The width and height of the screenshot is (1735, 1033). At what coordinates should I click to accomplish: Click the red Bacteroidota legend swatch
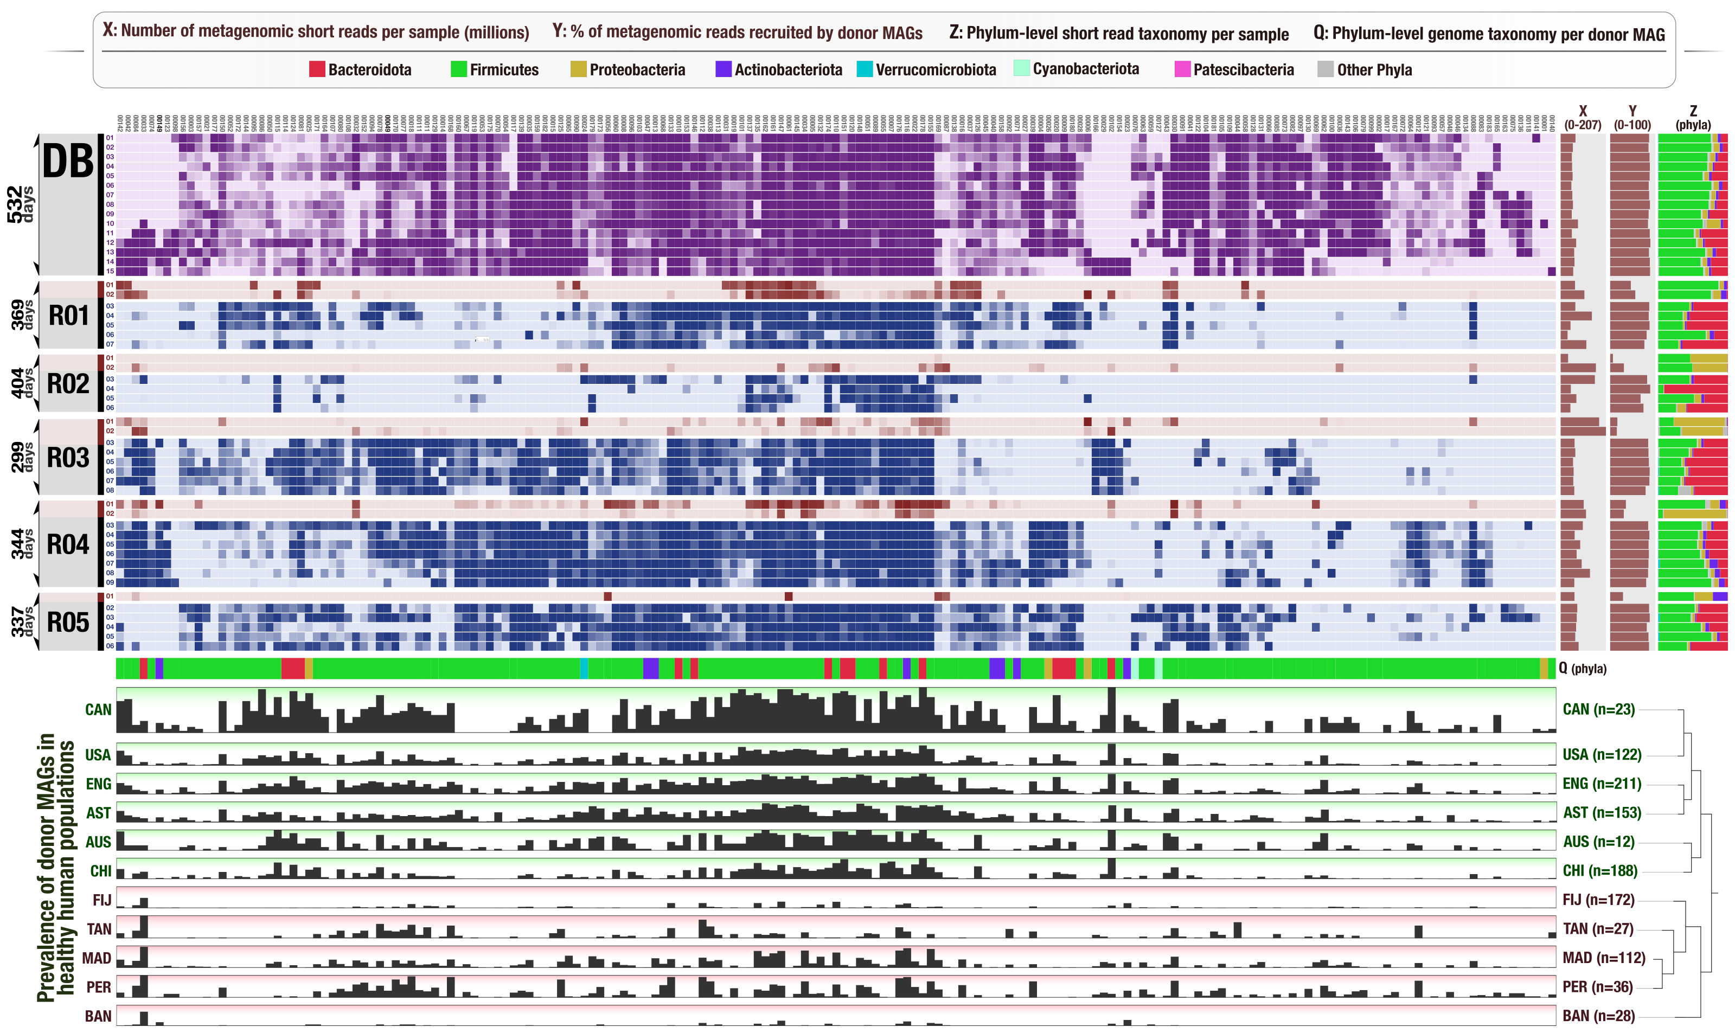click(317, 69)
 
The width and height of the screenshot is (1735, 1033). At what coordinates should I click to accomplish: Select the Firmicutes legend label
click(504, 69)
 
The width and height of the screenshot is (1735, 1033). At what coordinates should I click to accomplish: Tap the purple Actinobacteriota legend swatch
click(724, 69)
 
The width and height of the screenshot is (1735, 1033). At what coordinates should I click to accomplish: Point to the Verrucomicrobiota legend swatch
click(864, 69)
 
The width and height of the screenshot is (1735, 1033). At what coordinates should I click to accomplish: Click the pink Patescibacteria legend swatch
click(1182, 69)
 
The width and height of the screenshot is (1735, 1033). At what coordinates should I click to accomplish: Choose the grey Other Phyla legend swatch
click(1325, 69)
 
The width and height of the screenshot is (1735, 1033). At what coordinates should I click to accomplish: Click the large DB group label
click(68, 162)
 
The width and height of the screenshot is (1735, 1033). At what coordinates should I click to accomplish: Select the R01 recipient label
click(68, 316)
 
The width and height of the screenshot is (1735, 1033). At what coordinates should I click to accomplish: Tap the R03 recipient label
click(68, 458)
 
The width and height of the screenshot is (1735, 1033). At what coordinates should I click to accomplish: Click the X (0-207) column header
click(1583, 118)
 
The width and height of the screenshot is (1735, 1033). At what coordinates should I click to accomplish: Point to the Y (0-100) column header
click(1632, 118)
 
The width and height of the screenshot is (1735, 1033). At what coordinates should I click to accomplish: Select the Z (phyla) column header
click(1693, 118)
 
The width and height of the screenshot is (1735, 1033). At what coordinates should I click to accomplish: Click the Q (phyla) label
click(1583, 668)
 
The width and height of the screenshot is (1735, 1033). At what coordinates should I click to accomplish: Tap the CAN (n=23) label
click(1598, 709)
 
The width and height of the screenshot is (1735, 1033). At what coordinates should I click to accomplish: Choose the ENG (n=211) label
click(1602, 784)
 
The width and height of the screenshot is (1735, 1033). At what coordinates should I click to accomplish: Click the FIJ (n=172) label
click(1598, 900)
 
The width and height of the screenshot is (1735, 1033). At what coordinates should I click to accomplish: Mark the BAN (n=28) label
click(1598, 1016)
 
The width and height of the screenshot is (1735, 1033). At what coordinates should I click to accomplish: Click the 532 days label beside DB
click(20, 204)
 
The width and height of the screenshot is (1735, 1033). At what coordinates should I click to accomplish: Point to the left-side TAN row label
click(99, 929)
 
